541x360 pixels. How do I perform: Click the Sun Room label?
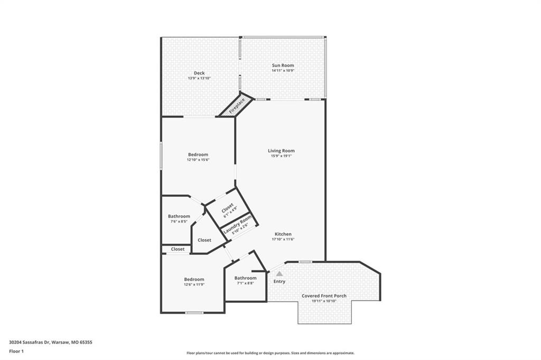283,65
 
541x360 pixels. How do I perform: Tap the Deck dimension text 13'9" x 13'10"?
199,78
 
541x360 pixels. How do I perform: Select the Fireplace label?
237,106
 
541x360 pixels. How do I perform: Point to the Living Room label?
281,151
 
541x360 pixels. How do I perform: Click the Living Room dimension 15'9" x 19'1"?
281,156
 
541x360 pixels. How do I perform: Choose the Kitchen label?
283,234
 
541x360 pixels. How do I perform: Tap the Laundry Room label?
238,225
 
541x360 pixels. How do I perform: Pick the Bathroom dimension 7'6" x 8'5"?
179,221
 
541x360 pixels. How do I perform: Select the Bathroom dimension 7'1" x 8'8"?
245,283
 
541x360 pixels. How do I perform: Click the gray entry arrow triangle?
279,274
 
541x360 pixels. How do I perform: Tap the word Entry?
279,281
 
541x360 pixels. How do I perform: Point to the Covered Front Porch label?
324,296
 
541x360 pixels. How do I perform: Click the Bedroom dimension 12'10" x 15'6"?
199,160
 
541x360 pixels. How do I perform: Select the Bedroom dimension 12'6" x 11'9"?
194,285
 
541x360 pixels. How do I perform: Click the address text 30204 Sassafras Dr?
30,343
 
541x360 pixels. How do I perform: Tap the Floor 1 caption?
16,352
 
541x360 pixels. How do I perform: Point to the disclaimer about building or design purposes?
270,353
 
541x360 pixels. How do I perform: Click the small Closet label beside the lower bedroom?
178,249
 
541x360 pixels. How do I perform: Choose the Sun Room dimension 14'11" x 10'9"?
283,71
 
